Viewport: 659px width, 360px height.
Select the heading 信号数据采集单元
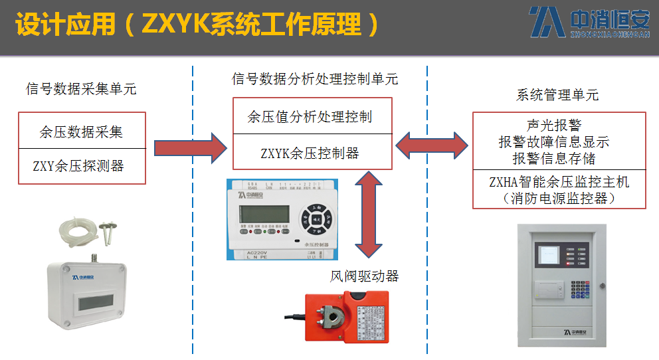click(80, 89)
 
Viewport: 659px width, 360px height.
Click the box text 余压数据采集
click(81, 132)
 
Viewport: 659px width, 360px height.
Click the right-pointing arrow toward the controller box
click(190, 147)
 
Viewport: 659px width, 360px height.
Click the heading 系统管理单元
click(557, 95)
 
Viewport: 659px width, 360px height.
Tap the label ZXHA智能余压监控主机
click(559, 181)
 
